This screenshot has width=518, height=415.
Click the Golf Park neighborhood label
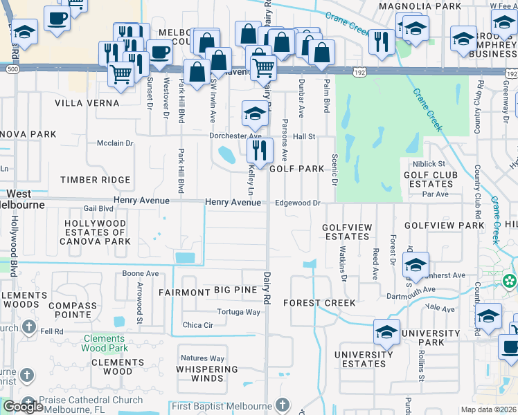point(296,169)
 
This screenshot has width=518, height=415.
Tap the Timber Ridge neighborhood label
point(95,180)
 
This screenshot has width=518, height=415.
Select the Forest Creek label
point(319,303)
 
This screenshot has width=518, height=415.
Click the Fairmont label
point(184,293)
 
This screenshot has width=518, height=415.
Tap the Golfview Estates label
point(347,232)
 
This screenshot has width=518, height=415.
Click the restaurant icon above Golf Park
point(260,151)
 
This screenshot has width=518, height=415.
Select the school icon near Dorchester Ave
point(255,113)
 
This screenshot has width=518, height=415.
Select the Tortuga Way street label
point(238,312)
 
